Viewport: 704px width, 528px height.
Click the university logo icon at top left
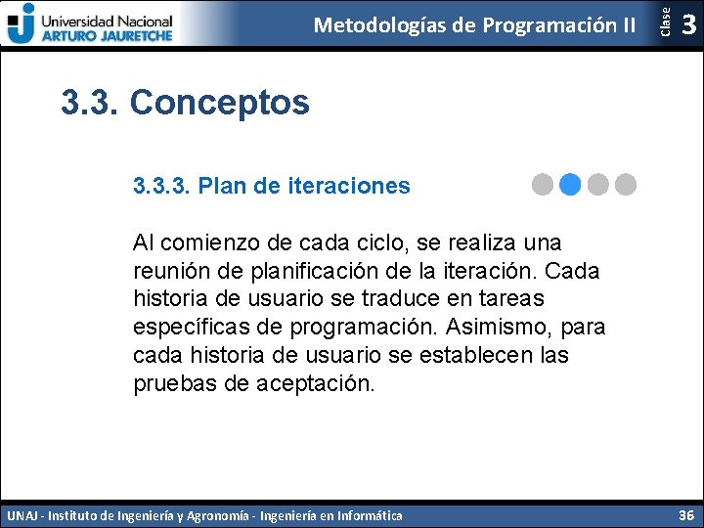21,22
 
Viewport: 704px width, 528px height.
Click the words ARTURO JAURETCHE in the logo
106,34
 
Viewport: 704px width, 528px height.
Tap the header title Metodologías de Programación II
474,24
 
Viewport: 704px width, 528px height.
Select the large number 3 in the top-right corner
688,24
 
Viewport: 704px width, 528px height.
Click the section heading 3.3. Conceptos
185,102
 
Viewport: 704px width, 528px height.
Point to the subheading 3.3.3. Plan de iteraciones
272,186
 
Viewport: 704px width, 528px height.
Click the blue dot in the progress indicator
571,183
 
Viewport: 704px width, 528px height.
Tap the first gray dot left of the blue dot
544,183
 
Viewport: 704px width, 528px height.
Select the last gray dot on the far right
626,183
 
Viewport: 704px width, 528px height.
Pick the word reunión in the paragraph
171,270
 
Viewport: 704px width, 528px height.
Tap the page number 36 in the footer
686,514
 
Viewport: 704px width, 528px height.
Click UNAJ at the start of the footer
23,515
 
